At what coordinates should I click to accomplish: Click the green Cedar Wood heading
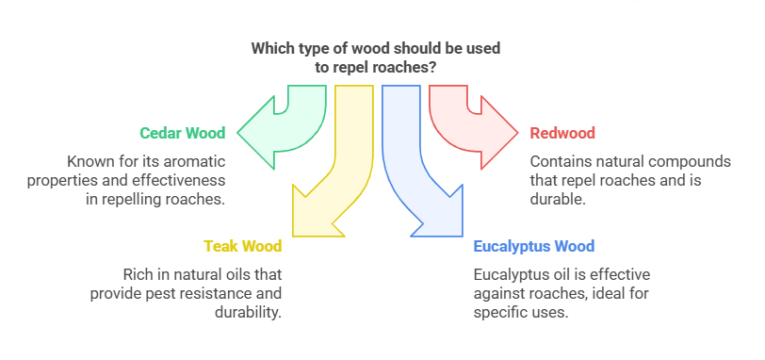[x=182, y=133]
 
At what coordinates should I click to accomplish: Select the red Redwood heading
[x=562, y=133]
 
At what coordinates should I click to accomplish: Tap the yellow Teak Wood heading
[x=243, y=247]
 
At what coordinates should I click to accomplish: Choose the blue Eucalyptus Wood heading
[x=533, y=247]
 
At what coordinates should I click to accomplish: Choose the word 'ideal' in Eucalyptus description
[x=628, y=293]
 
